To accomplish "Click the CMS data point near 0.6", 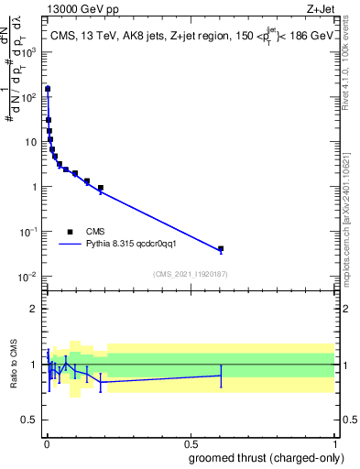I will click(x=221, y=249).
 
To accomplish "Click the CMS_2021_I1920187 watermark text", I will click(x=190, y=274).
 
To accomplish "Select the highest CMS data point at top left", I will click(x=47, y=90).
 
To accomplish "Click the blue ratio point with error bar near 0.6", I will click(x=221, y=376).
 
